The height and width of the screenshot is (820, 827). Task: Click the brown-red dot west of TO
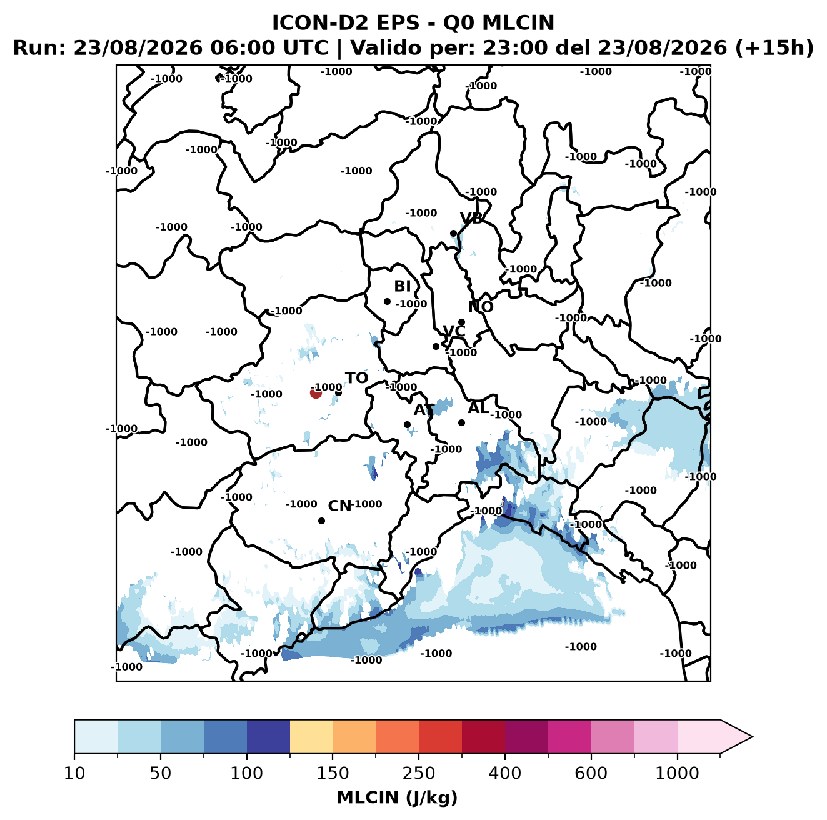click(x=316, y=393)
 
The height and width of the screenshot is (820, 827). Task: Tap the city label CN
click(x=339, y=506)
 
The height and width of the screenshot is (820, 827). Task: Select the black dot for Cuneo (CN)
click(x=321, y=521)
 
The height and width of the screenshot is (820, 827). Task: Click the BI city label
click(x=402, y=286)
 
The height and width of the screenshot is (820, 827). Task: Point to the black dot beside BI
click(x=387, y=302)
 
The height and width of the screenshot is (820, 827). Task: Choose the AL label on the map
click(x=478, y=407)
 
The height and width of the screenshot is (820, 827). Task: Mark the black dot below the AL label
click(x=461, y=422)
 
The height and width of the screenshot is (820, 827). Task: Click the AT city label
click(x=424, y=410)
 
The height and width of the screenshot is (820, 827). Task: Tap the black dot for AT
click(x=408, y=425)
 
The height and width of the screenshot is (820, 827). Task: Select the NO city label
click(x=481, y=307)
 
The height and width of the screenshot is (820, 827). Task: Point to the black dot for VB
click(x=454, y=233)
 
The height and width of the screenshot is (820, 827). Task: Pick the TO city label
click(x=357, y=379)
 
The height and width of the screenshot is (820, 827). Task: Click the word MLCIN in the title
click(x=518, y=22)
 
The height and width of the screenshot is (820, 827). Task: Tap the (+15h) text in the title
click(x=774, y=48)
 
